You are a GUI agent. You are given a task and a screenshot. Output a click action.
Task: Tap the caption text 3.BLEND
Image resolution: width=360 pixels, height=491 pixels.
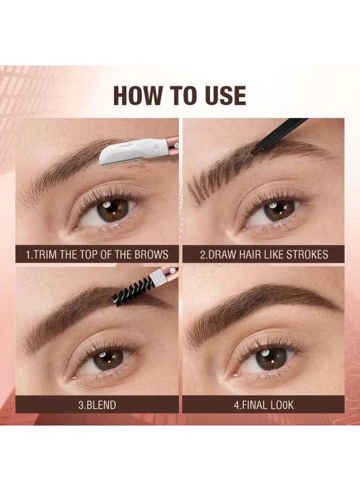point(97,405)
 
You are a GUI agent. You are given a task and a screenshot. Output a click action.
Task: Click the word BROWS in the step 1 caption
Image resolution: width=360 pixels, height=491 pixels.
point(148,254)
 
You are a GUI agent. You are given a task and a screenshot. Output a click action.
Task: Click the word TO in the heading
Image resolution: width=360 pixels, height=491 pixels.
point(181,95)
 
